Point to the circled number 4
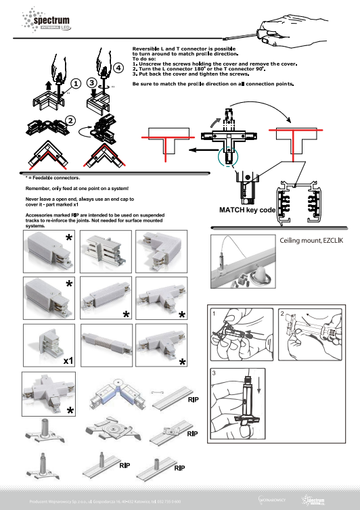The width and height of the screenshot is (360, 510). pyautogui.click(x=119, y=68)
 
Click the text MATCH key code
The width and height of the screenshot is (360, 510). pyautogui.click(x=247, y=210)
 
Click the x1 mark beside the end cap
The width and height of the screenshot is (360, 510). pyautogui.click(x=68, y=362)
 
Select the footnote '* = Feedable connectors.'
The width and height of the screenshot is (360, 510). pyautogui.click(x=43, y=177)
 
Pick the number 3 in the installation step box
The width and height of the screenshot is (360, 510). pyautogui.click(x=214, y=373)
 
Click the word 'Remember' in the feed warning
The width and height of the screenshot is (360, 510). pyautogui.click(x=37, y=187)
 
